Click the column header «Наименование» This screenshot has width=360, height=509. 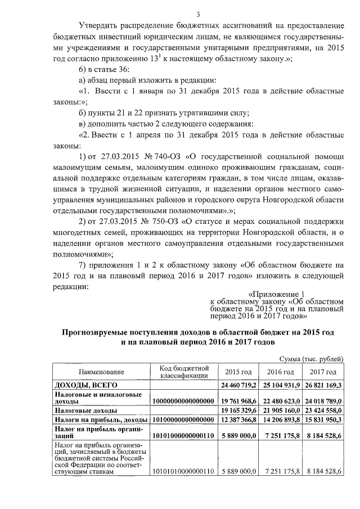tap(101, 372)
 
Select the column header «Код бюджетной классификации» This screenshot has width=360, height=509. tap(184, 372)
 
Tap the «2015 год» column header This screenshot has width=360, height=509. tap(238, 372)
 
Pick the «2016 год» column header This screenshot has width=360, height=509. tap(280, 372)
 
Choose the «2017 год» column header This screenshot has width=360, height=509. tap(323, 372)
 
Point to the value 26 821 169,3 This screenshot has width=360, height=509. tap(323, 385)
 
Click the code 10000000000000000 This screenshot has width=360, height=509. tap(184, 400)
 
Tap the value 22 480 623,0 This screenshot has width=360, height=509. tap(280, 400)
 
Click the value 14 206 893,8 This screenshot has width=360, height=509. tap(280, 420)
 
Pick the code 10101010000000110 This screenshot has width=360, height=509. tap(184, 471)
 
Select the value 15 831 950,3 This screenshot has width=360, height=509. tap(323, 420)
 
